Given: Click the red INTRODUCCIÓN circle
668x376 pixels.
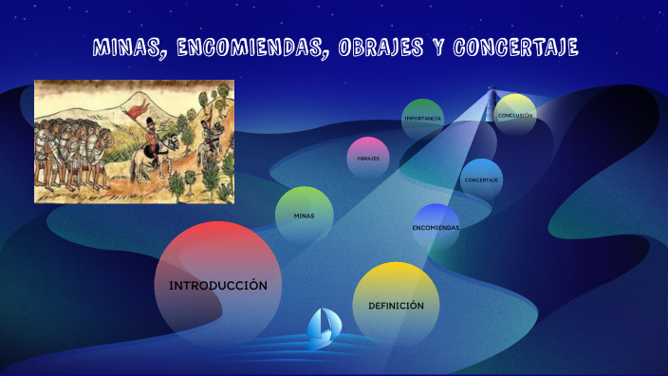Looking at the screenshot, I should pos(217,285).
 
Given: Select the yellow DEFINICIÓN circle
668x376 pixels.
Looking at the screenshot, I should pos(396,305).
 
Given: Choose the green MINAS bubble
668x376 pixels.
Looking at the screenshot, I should pos(304,216).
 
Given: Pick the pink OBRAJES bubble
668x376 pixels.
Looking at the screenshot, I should pos(368,159).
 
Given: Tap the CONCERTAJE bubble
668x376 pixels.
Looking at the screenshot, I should pos(482,179).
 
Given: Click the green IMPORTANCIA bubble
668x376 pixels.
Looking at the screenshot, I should pos(422,119).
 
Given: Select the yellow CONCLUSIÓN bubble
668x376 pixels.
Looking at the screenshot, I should pos(515,115).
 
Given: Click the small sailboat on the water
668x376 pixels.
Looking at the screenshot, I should pos(323,326).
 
